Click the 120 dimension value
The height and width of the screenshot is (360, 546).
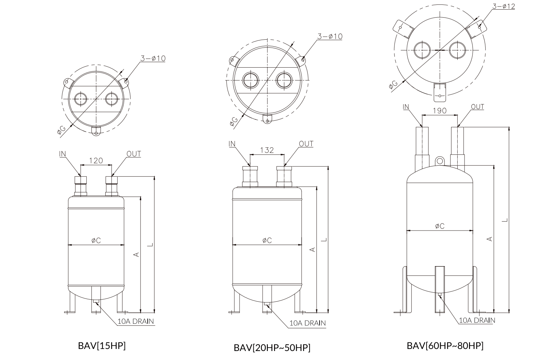(x=96, y=160)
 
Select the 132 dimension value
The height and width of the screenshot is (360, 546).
(x=267, y=150)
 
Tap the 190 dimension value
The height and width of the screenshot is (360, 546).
(x=439, y=110)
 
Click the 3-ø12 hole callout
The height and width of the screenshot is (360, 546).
(x=504, y=6)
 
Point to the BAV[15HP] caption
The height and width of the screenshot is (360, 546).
(x=102, y=346)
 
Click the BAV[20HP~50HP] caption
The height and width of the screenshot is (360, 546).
(x=272, y=348)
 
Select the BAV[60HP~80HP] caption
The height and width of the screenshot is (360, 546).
(x=445, y=346)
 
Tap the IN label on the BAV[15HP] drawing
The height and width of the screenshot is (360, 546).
(x=63, y=154)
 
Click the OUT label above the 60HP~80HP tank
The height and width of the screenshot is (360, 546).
(x=477, y=107)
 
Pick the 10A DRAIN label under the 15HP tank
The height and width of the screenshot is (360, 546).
(x=136, y=321)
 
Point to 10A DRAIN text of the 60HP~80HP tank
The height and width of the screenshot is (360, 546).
(x=477, y=320)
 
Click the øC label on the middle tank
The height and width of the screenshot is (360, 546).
(x=266, y=240)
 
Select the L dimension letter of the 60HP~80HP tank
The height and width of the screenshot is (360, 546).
(x=504, y=220)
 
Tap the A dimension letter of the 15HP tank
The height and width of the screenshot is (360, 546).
(x=137, y=254)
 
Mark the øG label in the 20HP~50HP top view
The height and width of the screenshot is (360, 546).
(x=234, y=121)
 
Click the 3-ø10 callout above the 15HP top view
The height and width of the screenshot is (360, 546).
(x=153, y=58)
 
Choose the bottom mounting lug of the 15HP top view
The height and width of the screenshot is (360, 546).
(x=96, y=130)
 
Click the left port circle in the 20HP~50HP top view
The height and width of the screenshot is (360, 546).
(x=250, y=80)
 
